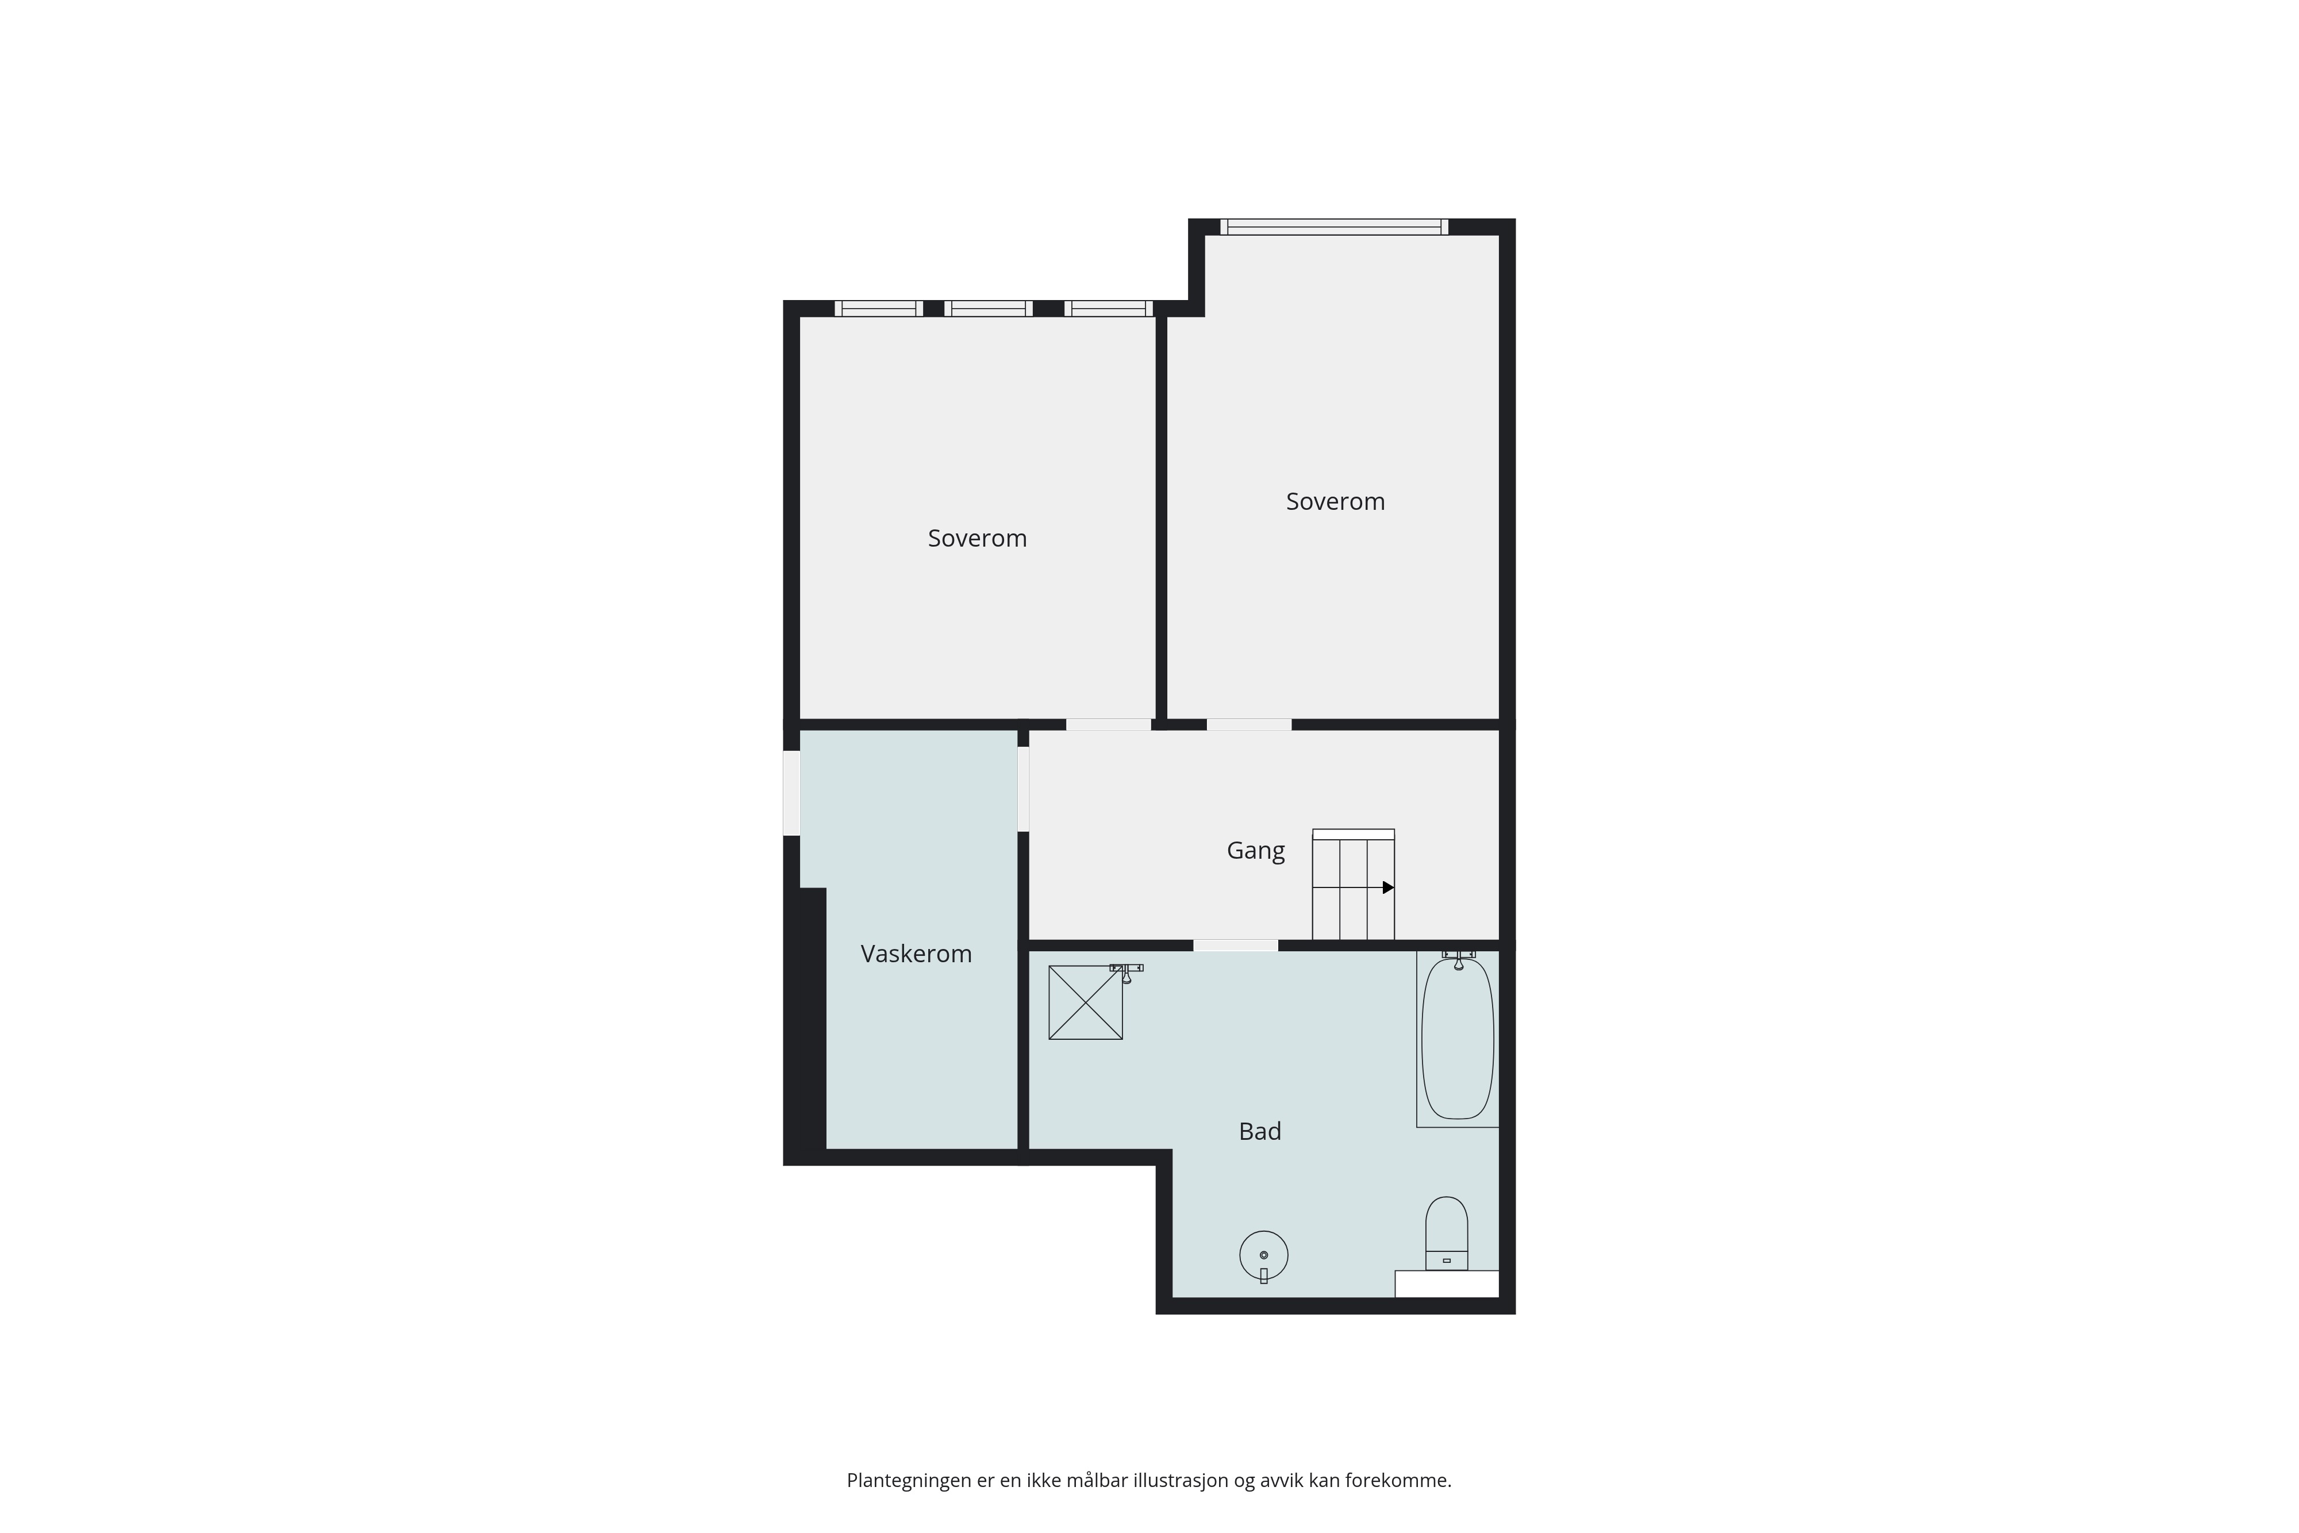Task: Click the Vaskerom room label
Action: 916,954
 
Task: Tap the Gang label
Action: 1256,851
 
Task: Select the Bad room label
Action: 1260,1131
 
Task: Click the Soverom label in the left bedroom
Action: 978,539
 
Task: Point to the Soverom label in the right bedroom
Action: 1335,502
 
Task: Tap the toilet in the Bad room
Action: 1447,1234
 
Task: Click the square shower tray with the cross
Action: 1085,1002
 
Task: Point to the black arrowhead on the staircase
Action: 1388,887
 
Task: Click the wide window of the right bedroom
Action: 1334,227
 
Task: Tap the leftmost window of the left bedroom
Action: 879,309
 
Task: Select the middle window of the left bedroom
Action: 988,309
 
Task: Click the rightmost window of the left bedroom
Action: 1109,309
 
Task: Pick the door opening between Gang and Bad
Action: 1236,946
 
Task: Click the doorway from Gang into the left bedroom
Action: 1109,724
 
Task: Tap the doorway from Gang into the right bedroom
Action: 1249,724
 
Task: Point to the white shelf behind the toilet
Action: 1447,1284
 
